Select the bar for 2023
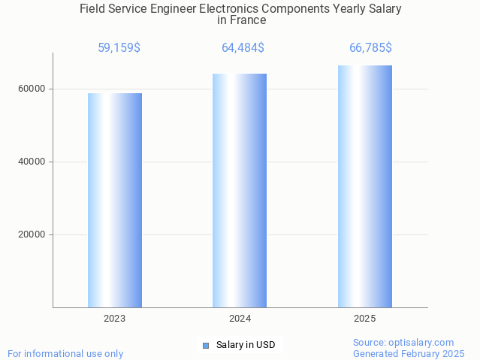point(115,200)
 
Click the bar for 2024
point(240,190)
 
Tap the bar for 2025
point(364,186)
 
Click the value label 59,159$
point(119,48)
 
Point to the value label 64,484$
point(243,48)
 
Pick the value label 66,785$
point(370,48)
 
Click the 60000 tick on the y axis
point(32,89)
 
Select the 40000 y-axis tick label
point(32,162)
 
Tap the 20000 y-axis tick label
point(32,234)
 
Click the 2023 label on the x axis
point(115,319)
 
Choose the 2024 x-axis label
point(240,319)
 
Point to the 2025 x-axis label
point(364,319)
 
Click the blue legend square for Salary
point(206,346)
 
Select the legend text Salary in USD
point(246,346)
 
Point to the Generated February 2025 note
point(409,354)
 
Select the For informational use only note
point(65,354)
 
